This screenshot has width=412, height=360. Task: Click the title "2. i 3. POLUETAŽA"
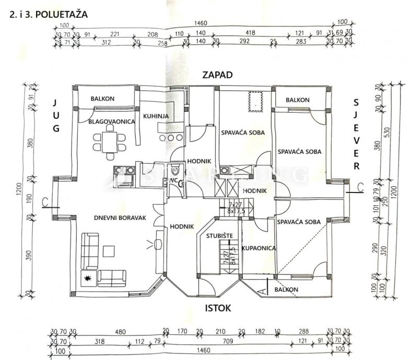[49, 15]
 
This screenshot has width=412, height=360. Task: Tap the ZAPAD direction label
[217, 76]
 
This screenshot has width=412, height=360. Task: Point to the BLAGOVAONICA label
[112, 122]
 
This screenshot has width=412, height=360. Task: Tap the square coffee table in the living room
[108, 251]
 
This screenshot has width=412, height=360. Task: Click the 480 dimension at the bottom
[121, 331]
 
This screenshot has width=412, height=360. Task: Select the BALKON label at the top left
[102, 99]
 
